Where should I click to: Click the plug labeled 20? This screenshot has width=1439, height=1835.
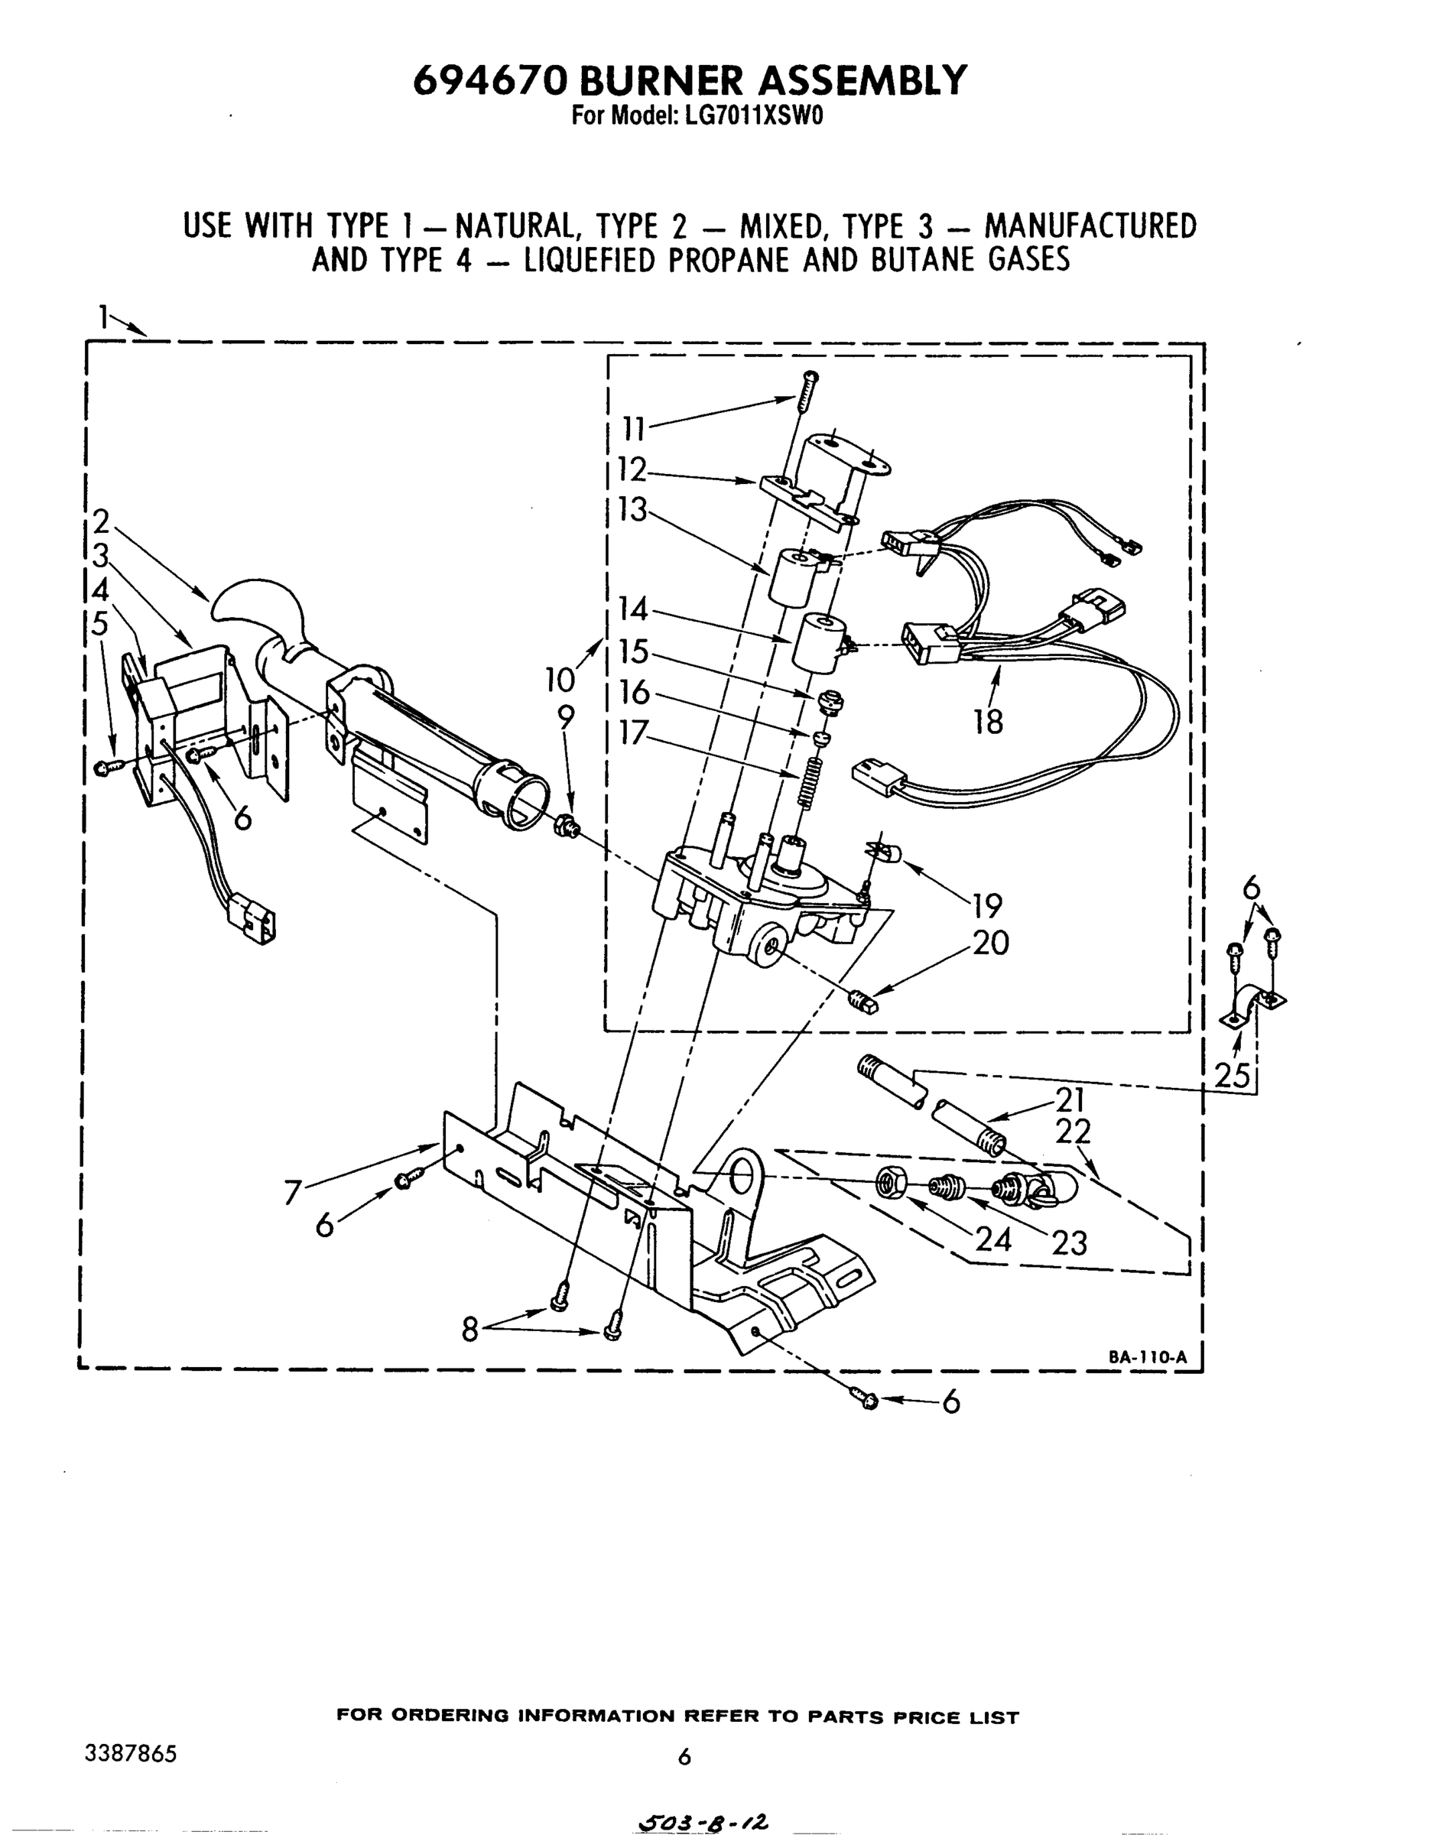[x=862, y=1002]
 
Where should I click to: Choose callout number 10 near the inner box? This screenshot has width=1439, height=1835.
[x=560, y=678]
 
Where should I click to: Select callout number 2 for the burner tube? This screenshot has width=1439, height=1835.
[x=101, y=522]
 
